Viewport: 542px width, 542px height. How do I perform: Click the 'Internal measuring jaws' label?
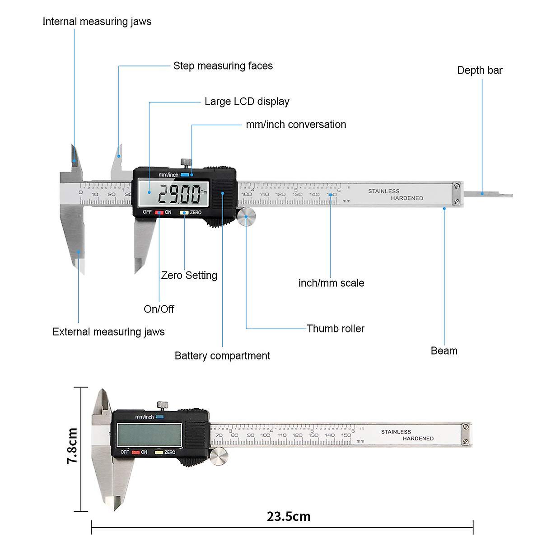(x=97, y=22)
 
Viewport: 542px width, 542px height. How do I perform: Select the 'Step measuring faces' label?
(x=223, y=66)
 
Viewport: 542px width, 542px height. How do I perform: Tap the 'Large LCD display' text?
(x=247, y=102)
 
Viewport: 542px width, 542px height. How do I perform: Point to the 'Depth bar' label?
(x=480, y=70)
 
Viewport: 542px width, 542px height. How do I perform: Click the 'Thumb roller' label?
(x=335, y=329)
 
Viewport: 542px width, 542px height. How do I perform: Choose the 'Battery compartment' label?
(x=222, y=356)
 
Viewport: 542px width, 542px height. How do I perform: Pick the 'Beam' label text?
(x=444, y=351)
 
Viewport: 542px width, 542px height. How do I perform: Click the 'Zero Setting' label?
(x=189, y=276)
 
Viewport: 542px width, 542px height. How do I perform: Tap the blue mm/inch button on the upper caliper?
(x=185, y=175)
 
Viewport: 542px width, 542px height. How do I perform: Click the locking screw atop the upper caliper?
(x=185, y=162)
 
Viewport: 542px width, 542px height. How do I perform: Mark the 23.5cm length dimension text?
(x=288, y=516)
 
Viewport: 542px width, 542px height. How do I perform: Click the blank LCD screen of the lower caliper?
(x=150, y=435)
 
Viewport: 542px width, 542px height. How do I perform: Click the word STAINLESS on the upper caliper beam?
(x=383, y=192)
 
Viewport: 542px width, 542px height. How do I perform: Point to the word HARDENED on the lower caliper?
(x=418, y=439)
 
